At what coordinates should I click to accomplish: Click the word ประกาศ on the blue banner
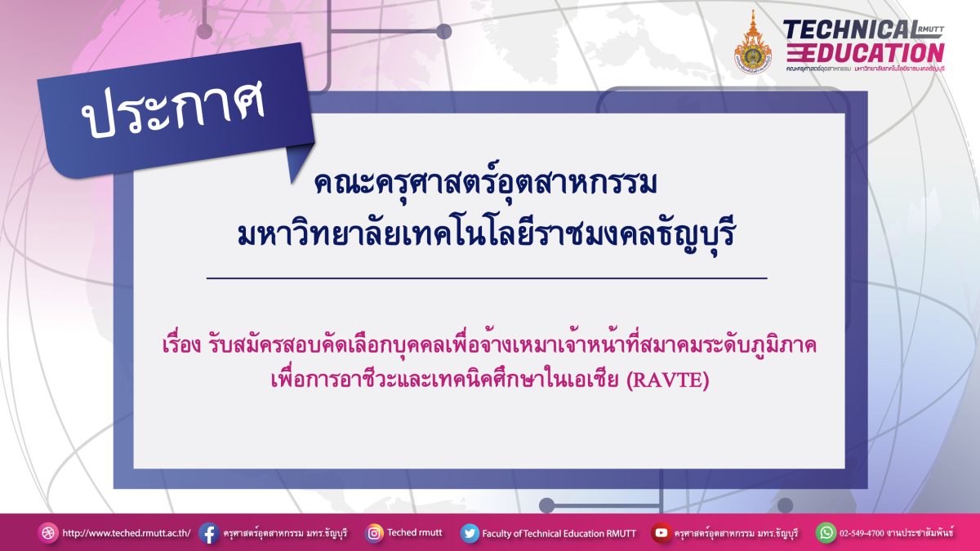pyautogui.click(x=173, y=109)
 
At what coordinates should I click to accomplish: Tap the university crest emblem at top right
pyautogui.click(x=752, y=42)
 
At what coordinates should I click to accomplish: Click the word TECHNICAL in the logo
pyautogui.click(x=850, y=30)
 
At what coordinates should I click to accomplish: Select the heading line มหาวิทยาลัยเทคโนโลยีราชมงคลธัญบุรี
pyautogui.click(x=486, y=235)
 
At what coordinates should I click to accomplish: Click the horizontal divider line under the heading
pyautogui.click(x=487, y=278)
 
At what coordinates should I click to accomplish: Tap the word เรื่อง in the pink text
pyautogui.click(x=181, y=345)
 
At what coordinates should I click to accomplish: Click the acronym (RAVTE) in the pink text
pyautogui.click(x=668, y=380)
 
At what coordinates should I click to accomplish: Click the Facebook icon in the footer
pyautogui.click(x=209, y=534)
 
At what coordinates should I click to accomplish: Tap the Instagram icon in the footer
pyautogui.click(x=374, y=534)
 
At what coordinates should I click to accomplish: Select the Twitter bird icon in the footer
pyautogui.click(x=470, y=534)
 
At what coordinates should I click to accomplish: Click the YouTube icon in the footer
pyautogui.click(x=661, y=533)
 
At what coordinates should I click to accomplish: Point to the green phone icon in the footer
pyautogui.click(x=826, y=533)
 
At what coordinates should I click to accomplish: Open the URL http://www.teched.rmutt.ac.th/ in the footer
pyautogui.click(x=127, y=534)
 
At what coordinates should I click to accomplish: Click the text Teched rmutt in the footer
pyautogui.click(x=415, y=532)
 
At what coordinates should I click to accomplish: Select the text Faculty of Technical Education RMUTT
pyautogui.click(x=559, y=534)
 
